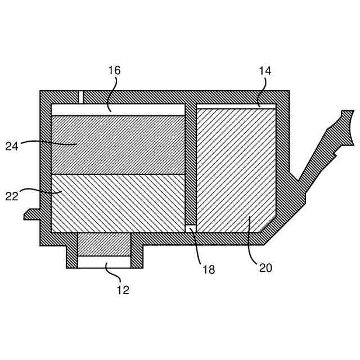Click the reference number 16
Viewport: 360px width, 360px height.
[114, 70]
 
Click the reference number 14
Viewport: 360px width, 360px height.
[265, 70]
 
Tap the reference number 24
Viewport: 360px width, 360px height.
[12, 146]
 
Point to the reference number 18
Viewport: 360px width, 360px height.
[208, 269]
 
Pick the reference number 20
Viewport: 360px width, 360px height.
[265, 268]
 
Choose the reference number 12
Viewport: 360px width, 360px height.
[123, 290]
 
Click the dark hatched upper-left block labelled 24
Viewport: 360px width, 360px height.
[118, 145]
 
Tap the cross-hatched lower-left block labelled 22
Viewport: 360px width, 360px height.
[118, 202]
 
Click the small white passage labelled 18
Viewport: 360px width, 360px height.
[191, 228]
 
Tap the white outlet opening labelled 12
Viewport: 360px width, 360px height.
[104, 262]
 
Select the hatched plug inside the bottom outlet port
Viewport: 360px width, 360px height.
[104, 244]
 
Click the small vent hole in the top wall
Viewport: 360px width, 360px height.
[80, 97]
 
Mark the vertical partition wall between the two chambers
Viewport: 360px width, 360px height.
[191, 163]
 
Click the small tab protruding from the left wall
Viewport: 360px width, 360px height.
[31, 214]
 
